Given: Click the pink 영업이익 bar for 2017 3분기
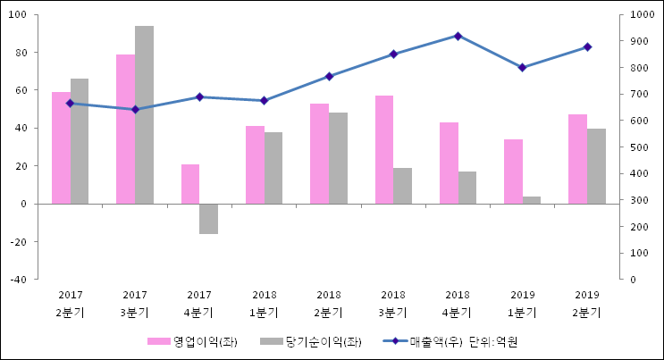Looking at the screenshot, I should pos(125,129).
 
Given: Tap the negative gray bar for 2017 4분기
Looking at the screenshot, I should pos(208,219).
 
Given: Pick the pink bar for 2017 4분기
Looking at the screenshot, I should pos(190,184).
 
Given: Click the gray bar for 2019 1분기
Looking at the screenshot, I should pos(532,200).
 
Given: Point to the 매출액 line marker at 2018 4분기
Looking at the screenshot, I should pos(458,36).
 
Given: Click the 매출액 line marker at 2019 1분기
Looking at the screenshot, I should pos(523,67).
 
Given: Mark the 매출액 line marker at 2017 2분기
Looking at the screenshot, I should pos(70,104).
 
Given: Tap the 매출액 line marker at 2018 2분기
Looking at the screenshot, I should pos(329,76).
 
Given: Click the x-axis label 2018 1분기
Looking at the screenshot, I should pos(264,304).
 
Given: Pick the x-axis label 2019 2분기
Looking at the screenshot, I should pos(586,304).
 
